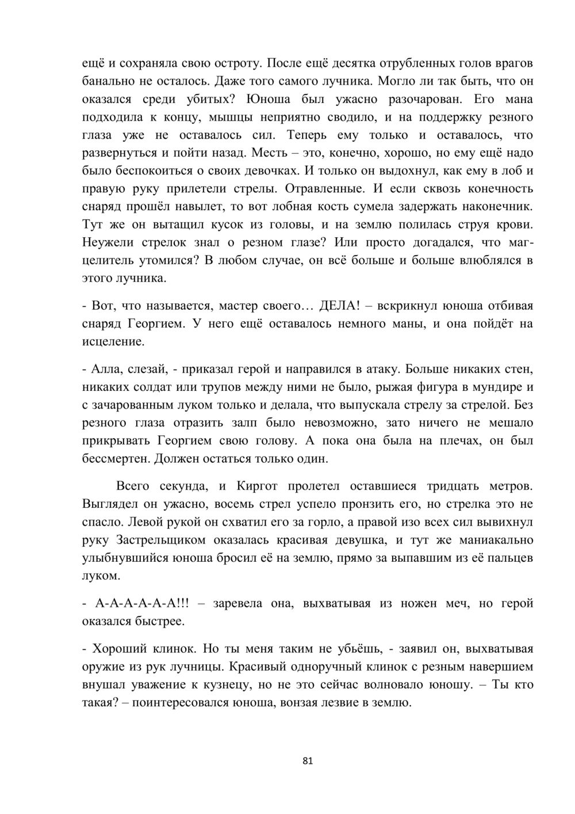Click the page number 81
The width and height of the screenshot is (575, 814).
point(307,761)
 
